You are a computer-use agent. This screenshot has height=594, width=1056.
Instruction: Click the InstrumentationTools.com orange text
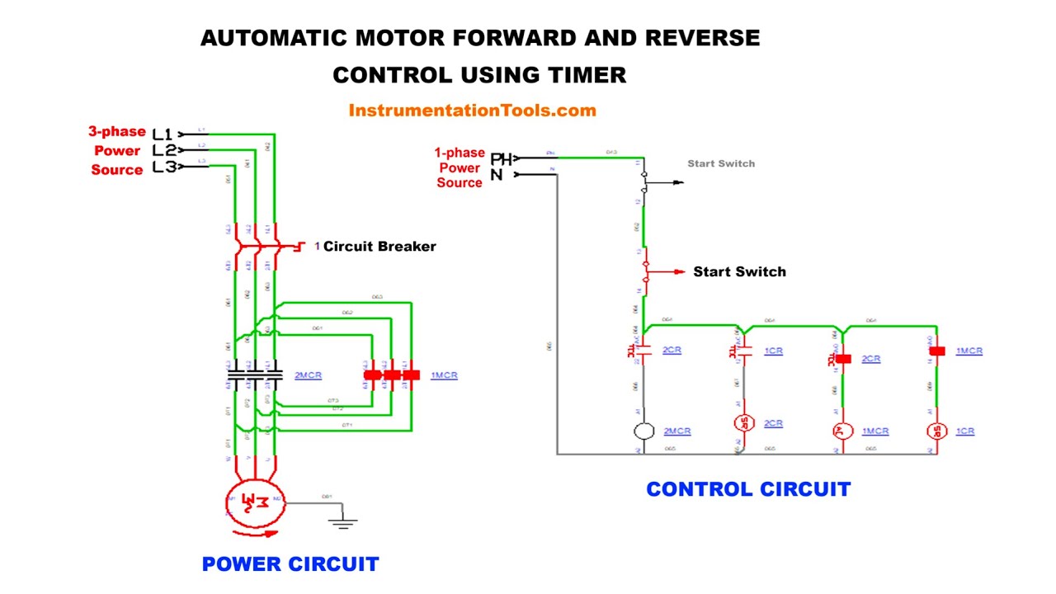tap(472, 111)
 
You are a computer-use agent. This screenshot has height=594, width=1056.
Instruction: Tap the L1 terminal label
tap(163, 134)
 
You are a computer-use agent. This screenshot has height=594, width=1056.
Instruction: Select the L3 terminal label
tap(164, 167)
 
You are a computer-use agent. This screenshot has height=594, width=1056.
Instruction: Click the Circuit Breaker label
tap(379, 246)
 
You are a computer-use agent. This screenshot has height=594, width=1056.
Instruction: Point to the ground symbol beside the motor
tap(343, 521)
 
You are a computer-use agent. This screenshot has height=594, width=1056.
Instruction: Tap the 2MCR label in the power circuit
tap(308, 375)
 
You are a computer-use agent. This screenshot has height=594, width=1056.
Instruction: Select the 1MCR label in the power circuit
tap(444, 375)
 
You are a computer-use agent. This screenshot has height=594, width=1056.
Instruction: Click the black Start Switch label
tap(739, 271)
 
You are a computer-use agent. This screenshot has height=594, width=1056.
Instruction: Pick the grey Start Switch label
tap(721, 163)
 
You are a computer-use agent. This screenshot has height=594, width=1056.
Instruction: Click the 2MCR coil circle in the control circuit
tap(644, 431)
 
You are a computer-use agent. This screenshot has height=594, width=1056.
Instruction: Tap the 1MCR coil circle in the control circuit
tap(841, 431)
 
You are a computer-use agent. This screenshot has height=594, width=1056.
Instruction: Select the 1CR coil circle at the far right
tap(936, 431)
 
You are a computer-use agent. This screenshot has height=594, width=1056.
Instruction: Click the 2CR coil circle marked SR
tap(744, 423)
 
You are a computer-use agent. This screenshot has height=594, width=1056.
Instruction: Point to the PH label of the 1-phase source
tap(500, 159)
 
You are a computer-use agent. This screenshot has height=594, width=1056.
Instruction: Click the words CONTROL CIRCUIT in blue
tap(747, 489)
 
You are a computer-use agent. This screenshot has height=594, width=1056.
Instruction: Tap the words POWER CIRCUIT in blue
tap(290, 564)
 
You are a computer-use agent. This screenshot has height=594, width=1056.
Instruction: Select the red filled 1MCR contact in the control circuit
tap(937, 351)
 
